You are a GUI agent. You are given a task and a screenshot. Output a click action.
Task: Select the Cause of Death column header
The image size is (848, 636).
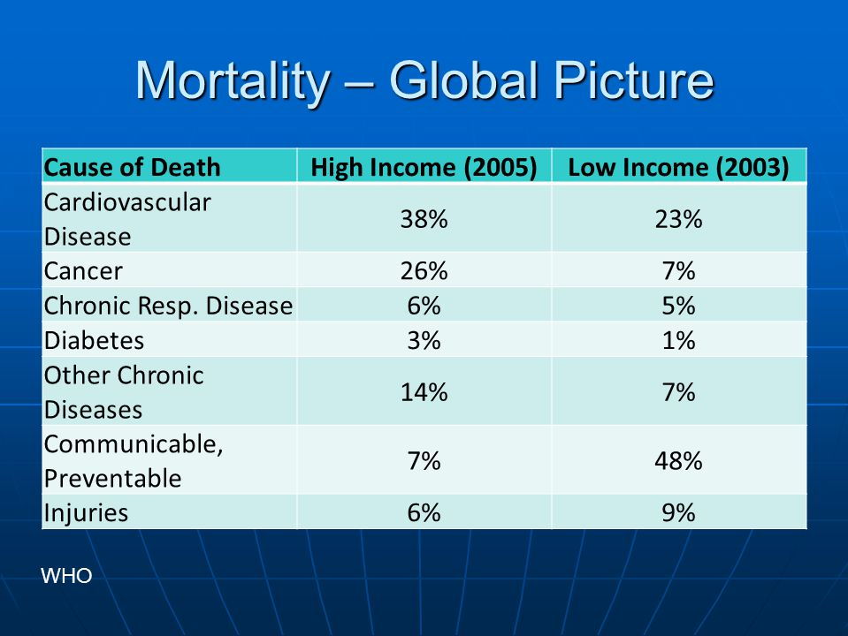click(x=133, y=167)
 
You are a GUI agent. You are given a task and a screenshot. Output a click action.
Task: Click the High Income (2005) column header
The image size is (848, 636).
click(x=424, y=167)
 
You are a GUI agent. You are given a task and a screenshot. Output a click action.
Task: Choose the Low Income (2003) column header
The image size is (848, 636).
click(x=678, y=167)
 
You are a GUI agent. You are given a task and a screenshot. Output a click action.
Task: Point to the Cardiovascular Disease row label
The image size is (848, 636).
click(x=127, y=219)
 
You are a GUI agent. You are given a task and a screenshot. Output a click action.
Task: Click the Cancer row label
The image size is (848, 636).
click(x=84, y=269)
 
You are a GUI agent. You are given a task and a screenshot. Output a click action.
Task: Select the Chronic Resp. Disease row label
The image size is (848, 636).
click(x=168, y=306)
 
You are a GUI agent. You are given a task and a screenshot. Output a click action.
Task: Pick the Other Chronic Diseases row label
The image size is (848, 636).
click(x=124, y=392)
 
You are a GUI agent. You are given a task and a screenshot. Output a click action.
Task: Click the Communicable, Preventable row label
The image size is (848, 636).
click(x=133, y=461)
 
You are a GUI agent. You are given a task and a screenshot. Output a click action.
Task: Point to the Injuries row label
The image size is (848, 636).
click(x=86, y=513)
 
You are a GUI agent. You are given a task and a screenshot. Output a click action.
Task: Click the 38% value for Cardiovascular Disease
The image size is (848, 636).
click(x=424, y=219)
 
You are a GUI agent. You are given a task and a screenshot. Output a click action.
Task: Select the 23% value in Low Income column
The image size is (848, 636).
click(x=679, y=219)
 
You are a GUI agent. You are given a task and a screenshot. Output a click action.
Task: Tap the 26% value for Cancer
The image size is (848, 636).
click(x=424, y=269)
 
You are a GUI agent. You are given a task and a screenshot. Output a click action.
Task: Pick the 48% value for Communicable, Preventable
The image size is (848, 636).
click(x=679, y=461)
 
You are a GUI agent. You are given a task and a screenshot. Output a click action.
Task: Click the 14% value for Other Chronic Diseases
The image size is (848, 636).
click(x=424, y=392)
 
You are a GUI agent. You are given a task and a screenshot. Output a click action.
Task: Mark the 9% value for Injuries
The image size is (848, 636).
click(x=679, y=513)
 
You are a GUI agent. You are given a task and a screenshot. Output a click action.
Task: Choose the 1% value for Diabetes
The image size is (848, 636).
click(x=679, y=340)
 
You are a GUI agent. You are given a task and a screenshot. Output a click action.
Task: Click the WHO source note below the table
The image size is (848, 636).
click(x=66, y=577)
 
